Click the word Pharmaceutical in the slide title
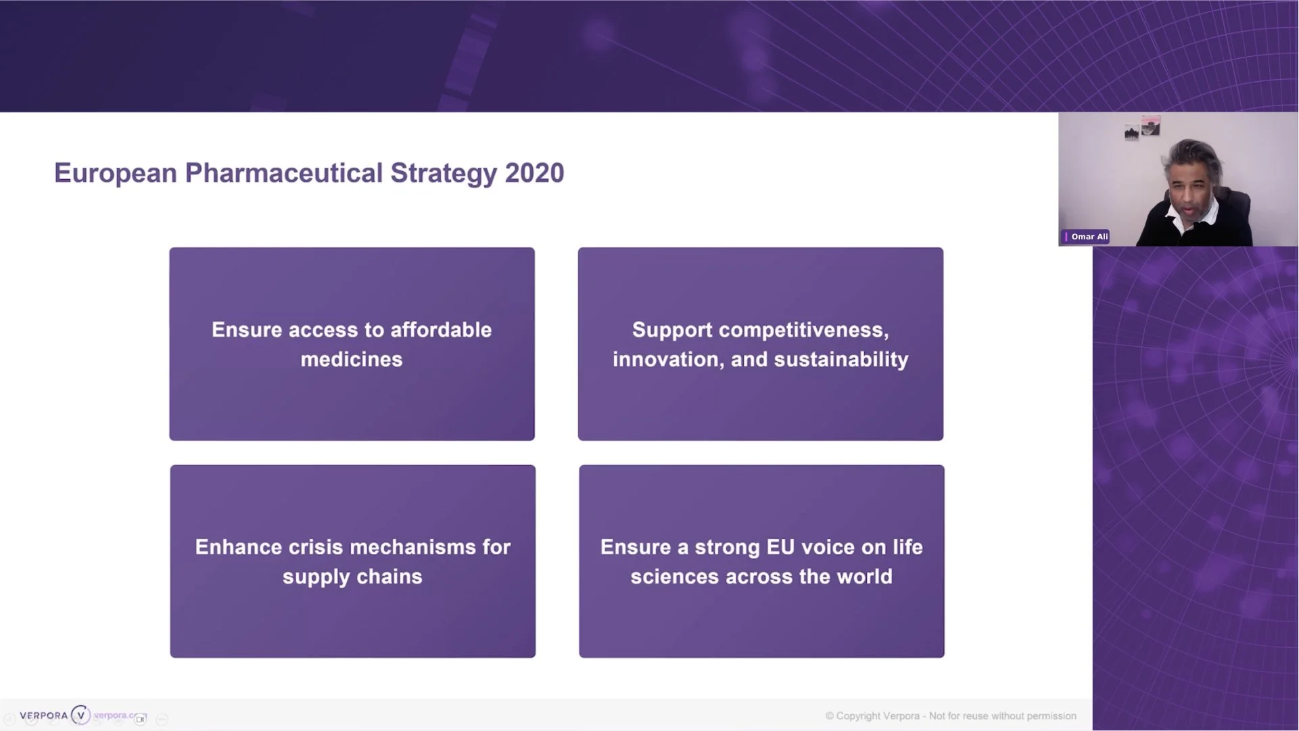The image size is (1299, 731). click(284, 173)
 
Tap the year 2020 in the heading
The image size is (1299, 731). click(534, 173)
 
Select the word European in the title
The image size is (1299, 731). click(116, 173)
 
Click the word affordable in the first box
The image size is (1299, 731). click(441, 330)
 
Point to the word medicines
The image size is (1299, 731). click(352, 360)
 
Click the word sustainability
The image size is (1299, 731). click(841, 360)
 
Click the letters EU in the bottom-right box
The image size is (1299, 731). click(780, 547)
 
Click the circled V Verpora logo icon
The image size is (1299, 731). click(80, 715)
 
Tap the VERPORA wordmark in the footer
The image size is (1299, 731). click(44, 715)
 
